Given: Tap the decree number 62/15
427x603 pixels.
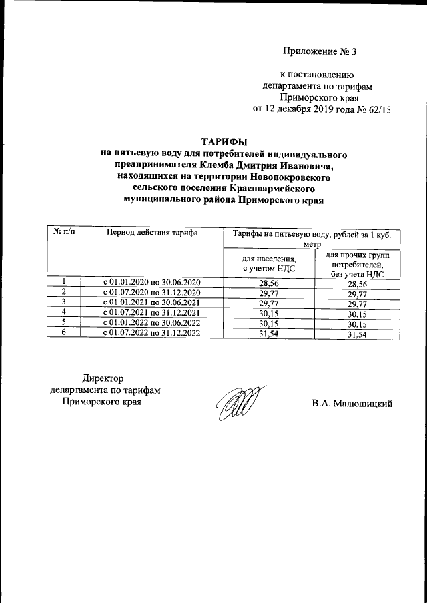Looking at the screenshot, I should coord(376,109).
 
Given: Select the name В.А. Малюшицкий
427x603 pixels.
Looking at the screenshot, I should coord(352,403).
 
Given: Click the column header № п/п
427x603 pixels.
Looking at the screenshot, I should coord(63,231).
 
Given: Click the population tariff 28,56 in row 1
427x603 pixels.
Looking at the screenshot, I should coord(268,283).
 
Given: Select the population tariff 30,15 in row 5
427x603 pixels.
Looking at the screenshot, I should coord(268,323).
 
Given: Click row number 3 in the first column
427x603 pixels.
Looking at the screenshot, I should coord(63,302).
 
